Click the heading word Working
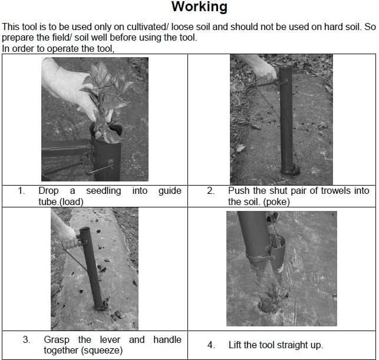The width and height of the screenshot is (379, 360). pos(199,7)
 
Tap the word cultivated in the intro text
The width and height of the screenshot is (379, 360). pos(146,27)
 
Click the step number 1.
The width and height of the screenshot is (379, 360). pos(21,191)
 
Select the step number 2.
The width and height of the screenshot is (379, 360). pos(210,191)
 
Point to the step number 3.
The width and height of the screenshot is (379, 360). pos(27,340)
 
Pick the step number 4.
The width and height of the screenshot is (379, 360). pos(211,345)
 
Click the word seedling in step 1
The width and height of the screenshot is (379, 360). pos(104,191)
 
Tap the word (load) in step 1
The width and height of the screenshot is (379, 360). pos(71,202)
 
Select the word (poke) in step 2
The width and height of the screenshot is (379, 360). pos(276,202)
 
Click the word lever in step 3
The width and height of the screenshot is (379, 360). pos(110,340)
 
